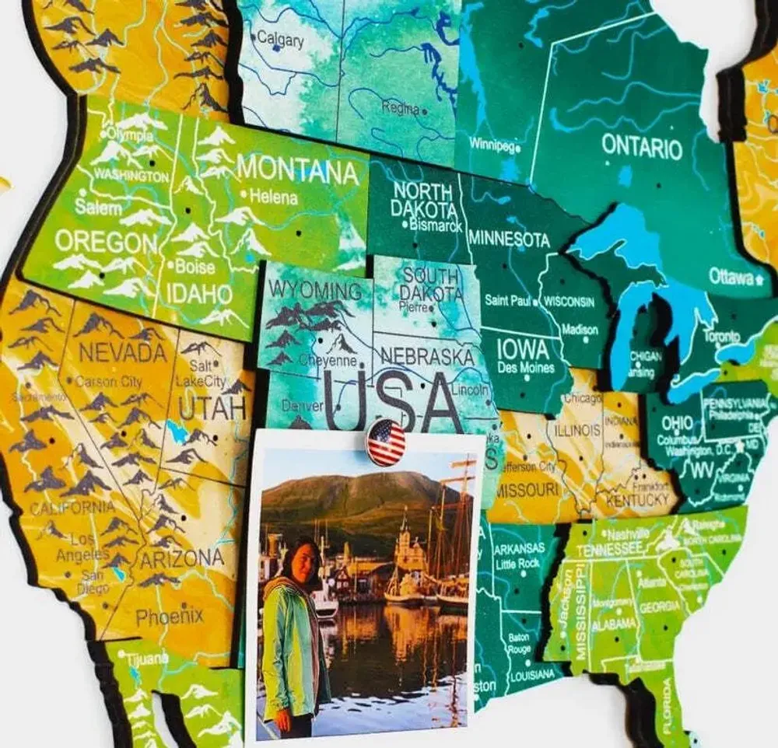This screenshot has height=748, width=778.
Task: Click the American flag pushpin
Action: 386,442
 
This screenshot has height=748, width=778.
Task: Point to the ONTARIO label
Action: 642,146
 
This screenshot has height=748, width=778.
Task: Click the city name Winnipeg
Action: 492,145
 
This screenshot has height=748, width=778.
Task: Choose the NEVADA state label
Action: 123,353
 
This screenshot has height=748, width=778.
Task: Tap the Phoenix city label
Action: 170,617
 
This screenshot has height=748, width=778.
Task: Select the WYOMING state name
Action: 315,291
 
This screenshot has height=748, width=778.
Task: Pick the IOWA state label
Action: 523,347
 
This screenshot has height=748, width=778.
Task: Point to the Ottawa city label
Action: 731,276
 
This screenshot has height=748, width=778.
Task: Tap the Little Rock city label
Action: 517,564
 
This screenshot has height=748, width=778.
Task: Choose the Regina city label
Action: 401,109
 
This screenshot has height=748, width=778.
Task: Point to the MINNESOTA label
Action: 510,239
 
